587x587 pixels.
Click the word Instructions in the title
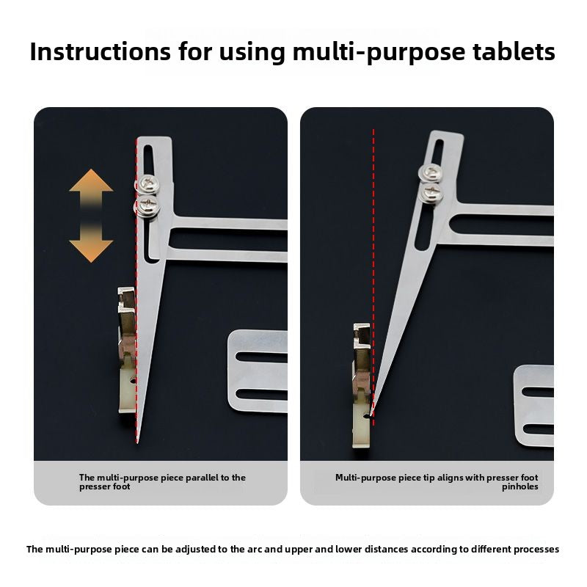(101, 51)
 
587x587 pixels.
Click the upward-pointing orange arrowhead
(91, 181)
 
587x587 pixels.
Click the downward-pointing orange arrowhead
(91, 251)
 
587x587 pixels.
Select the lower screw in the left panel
(147, 205)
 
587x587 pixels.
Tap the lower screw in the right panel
(432, 191)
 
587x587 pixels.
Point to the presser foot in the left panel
(127, 350)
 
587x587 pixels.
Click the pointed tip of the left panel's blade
(137, 443)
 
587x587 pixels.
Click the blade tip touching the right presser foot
(371, 415)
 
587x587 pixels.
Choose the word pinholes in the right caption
(520, 487)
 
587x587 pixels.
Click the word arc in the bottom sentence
(255, 549)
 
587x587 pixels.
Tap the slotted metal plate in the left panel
(258, 371)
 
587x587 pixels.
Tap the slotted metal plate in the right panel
(534, 406)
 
